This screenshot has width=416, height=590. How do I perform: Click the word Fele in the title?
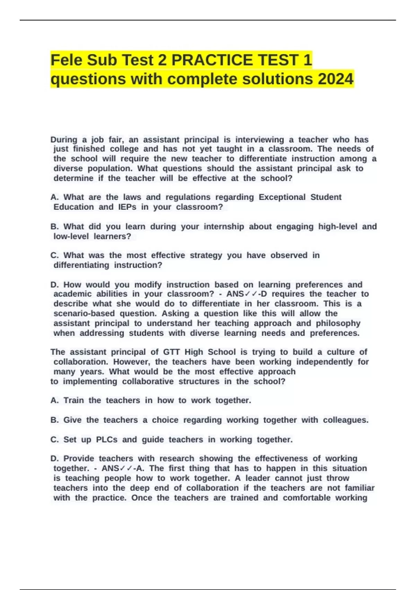tap(66, 60)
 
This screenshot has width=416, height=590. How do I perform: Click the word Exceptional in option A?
tap(282, 197)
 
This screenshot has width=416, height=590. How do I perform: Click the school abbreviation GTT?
tap(171, 352)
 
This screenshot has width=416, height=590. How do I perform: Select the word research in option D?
tap(176, 458)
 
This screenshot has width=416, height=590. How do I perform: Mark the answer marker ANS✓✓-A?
tap(122, 469)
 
